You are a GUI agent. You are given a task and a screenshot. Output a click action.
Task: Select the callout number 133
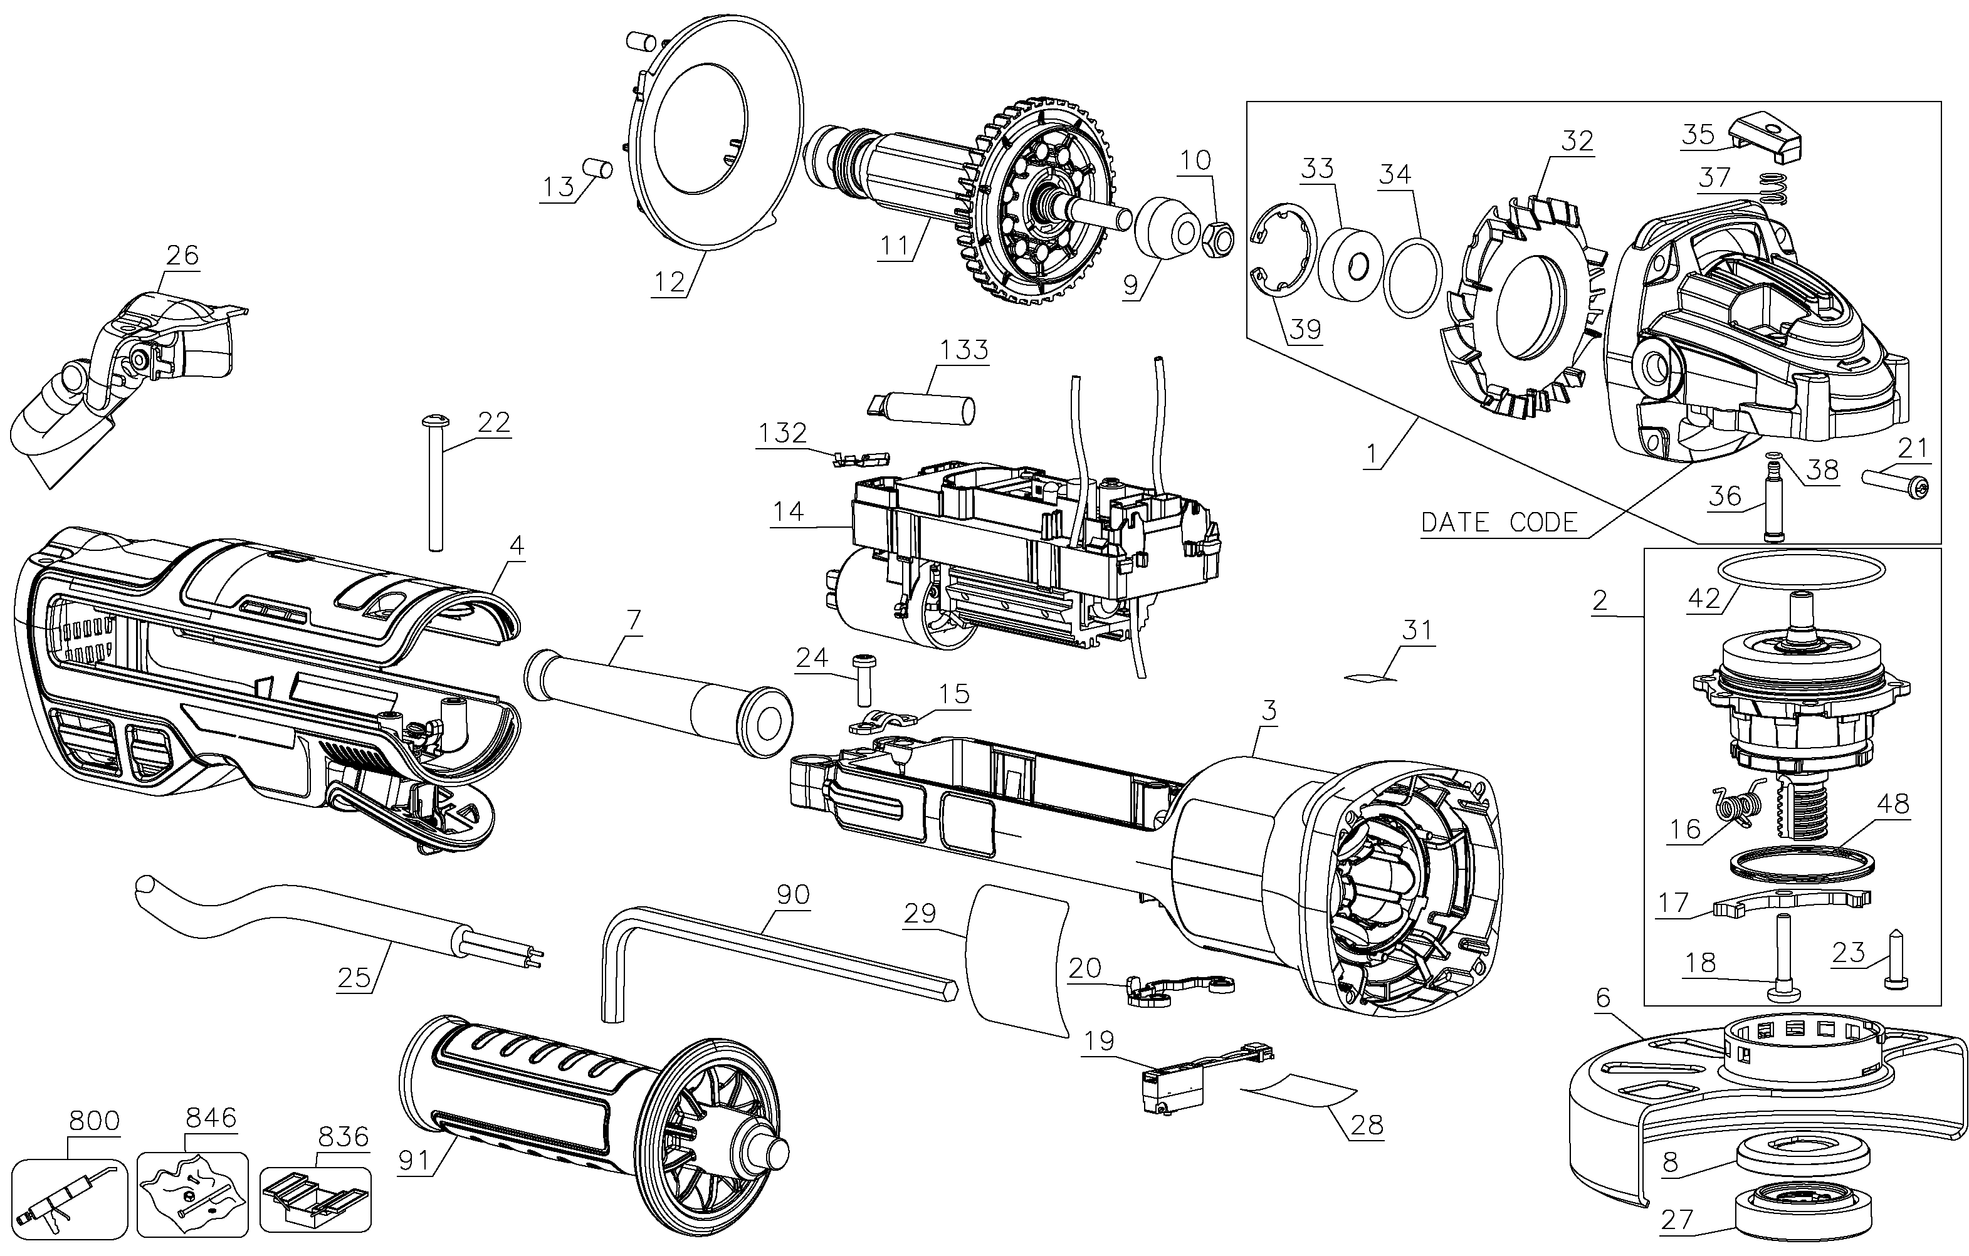(x=964, y=349)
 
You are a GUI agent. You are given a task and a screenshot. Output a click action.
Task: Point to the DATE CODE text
(x=1499, y=523)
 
